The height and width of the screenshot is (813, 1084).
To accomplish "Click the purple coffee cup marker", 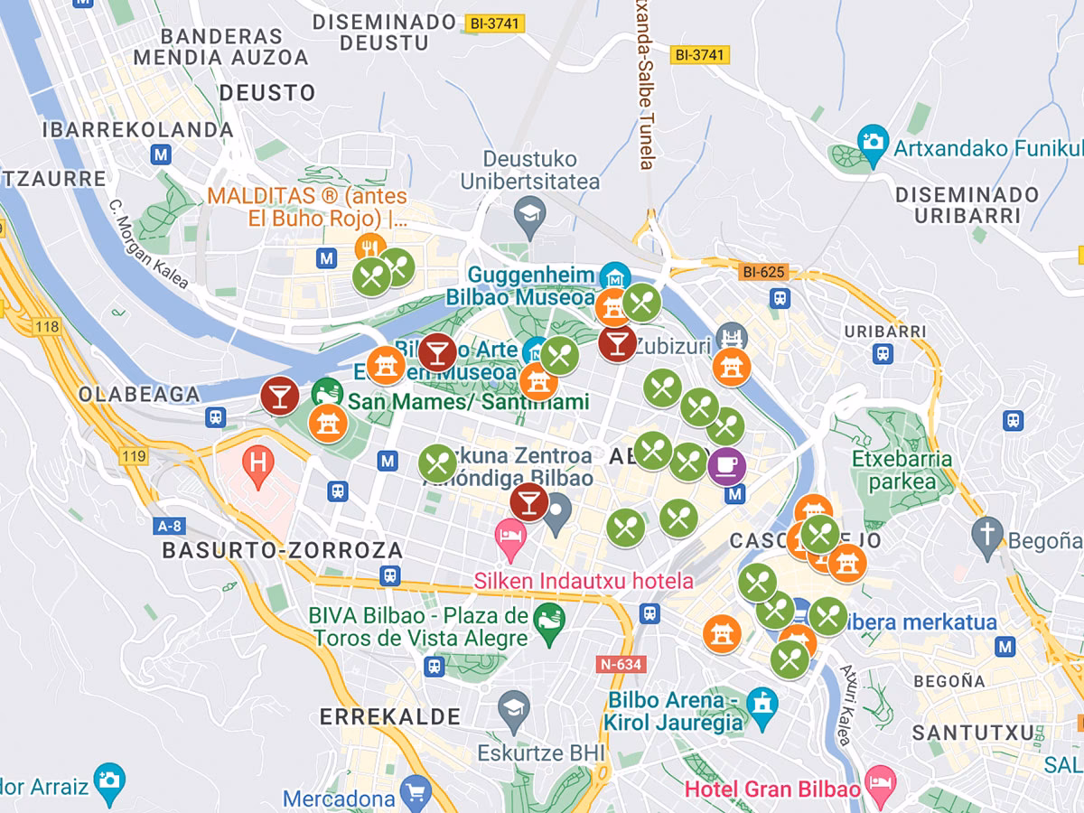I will click(x=726, y=465).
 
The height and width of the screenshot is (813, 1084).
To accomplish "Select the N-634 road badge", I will click(x=621, y=665).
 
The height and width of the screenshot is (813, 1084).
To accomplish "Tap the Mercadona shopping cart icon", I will click(x=416, y=791).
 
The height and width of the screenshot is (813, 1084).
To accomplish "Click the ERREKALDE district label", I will click(x=389, y=717).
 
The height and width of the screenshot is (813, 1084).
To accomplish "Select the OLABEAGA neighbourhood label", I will click(x=139, y=395).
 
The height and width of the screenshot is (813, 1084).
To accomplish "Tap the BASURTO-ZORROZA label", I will click(x=282, y=550).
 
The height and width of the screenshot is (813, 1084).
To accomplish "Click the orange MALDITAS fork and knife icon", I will click(x=369, y=247).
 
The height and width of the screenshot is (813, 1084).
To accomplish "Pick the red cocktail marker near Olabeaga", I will click(x=279, y=395).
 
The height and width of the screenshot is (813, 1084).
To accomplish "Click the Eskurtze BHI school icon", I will click(x=514, y=706).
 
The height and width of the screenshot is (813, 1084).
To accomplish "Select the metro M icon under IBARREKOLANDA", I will click(x=162, y=154).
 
